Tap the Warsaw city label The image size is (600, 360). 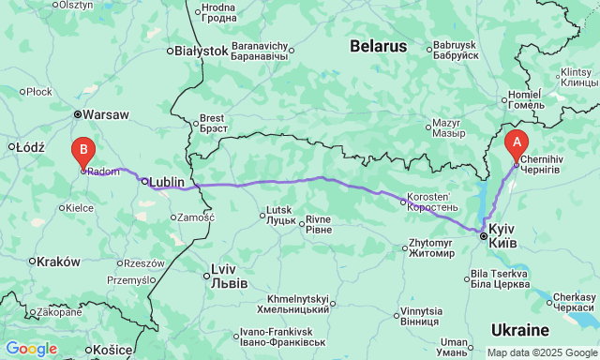(x=107, y=115)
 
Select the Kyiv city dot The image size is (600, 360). (x=484, y=237)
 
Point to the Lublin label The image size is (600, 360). (x=167, y=182)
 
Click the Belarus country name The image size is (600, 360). (x=379, y=46)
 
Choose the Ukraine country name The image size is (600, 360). (x=519, y=330)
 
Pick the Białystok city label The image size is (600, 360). (x=202, y=51)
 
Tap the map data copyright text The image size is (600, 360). (x=540, y=352)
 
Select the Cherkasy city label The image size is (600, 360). (x=572, y=302)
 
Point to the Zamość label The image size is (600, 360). (x=195, y=217)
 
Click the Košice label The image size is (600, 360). (x=112, y=350)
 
